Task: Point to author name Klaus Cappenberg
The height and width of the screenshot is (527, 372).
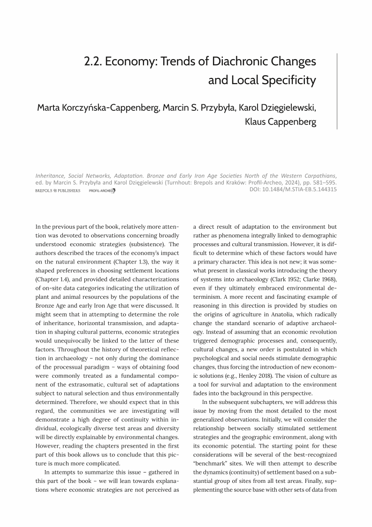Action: coord(281,122)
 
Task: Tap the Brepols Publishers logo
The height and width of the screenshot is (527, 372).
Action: coord(58,190)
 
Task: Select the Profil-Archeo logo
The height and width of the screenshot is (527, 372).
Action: coord(102,190)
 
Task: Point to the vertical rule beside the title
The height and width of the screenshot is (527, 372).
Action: coord(337,92)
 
